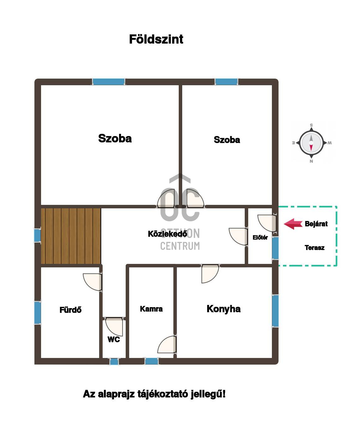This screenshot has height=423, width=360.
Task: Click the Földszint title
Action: (x=156, y=39)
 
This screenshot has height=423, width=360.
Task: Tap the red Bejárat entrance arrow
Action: (x=293, y=224)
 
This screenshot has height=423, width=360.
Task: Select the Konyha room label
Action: (x=223, y=309)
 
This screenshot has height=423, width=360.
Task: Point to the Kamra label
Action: (x=151, y=309)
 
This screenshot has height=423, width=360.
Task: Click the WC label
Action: (x=113, y=340)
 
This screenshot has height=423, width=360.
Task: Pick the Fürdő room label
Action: (x=70, y=310)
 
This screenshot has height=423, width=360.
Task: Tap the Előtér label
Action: (x=260, y=237)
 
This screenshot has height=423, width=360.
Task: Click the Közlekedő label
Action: (x=167, y=234)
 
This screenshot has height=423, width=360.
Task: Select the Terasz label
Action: (x=314, y=247)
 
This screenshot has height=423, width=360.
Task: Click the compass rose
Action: (x=311, y=143)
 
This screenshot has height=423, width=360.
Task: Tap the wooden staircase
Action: (x=71, y=236)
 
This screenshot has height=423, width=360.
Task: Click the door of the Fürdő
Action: (x=92, y=282)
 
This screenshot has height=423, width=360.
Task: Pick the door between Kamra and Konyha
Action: (x=167, y=344)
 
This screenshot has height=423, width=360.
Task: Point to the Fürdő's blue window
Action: (x=38, y=313)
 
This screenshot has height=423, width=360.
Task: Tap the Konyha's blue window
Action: (x=275, y=311)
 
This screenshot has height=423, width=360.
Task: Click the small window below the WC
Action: (x=114, y=362)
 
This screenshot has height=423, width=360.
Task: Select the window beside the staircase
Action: (x=37, y=235)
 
